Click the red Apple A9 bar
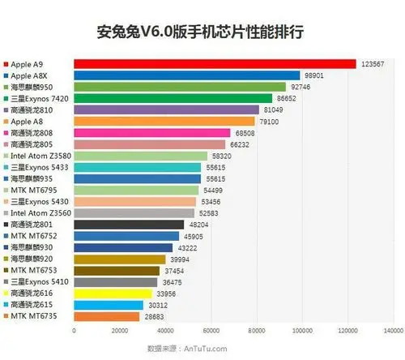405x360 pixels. point(215,63)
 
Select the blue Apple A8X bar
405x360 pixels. point(186,75)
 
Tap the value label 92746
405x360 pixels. point(299,86)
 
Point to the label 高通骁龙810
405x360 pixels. point(32,109)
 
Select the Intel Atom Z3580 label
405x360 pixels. point(37,156)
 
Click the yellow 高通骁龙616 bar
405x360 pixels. point(113,293)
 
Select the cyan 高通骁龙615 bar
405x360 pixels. point(109,305)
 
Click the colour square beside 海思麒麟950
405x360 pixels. point(6,87)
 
